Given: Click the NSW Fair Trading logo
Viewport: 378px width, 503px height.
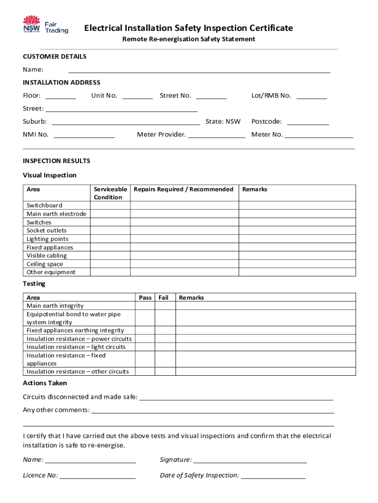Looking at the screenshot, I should [45, 25].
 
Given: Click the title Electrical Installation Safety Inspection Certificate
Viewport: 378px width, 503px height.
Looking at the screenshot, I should [189, 28].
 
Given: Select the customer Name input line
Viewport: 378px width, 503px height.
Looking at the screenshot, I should [199, 69].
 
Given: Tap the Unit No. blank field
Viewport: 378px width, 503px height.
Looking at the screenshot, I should [137, 95].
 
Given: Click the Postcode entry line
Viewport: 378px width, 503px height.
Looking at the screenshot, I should [307, 121].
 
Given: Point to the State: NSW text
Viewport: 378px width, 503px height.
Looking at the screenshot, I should [223, 121].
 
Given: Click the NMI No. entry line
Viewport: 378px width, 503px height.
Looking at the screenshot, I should [84, 135].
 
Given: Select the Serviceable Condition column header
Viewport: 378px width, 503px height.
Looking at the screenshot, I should [110, 193].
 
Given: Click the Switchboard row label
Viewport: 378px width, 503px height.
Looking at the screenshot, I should [45, 205].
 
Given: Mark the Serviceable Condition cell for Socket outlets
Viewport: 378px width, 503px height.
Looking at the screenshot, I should [110, 231].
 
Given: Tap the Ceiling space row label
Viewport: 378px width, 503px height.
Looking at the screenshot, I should [45, 264].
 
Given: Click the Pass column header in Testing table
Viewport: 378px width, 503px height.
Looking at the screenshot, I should [145, 298].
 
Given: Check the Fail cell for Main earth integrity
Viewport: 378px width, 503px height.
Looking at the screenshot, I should [165, 306].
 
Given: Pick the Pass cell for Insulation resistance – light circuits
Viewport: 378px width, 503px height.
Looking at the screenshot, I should [145, 347].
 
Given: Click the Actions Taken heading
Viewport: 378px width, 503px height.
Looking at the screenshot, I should [45, 383].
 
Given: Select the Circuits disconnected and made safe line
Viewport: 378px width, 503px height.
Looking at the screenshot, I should [236, 397].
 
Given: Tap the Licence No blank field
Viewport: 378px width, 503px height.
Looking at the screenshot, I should [97, 475].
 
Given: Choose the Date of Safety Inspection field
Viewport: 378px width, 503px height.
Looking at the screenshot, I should [273, 475].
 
